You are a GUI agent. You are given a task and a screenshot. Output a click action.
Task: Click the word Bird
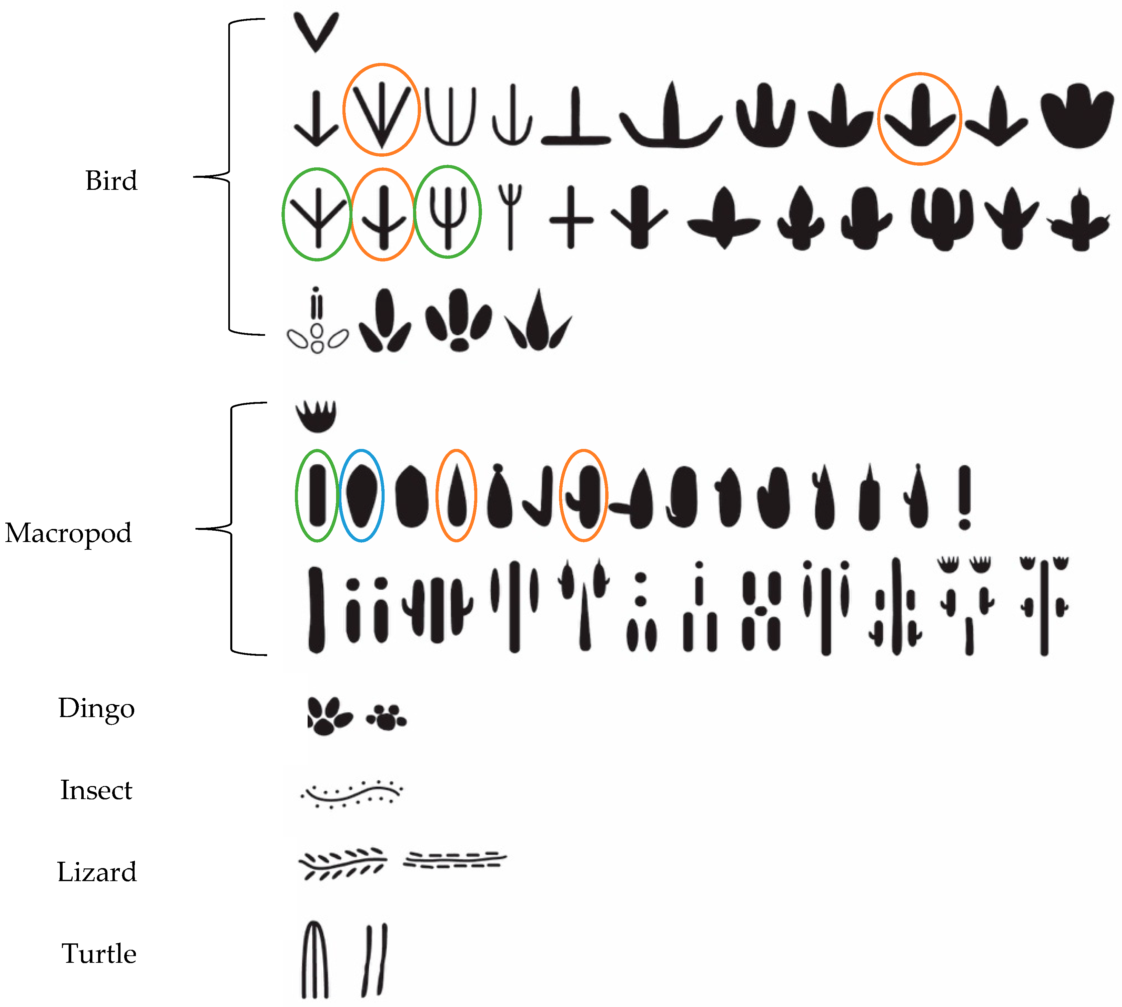pyautogui.click(x=111, y=181)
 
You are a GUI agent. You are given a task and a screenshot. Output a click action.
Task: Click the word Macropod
pyautogui.click(x=69, y=533)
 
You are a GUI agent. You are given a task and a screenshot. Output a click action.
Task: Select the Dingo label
pyautogui.click(x=97, y=709)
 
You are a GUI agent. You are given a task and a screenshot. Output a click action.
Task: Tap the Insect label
pyautogui.click(x=96, y=790)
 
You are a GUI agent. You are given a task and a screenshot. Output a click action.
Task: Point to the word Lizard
pyautogui.click(x=97, y=872)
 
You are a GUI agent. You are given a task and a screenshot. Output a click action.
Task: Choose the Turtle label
pyautogui.click(x=99, y=954)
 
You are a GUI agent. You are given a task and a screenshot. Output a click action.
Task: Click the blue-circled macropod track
pyautogui.click(x=361, y=495)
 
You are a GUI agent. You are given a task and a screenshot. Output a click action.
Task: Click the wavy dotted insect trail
pyautogui.click(x=352, y=794)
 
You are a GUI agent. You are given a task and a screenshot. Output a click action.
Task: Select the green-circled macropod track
pyautogui.click(x=317, y=495)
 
